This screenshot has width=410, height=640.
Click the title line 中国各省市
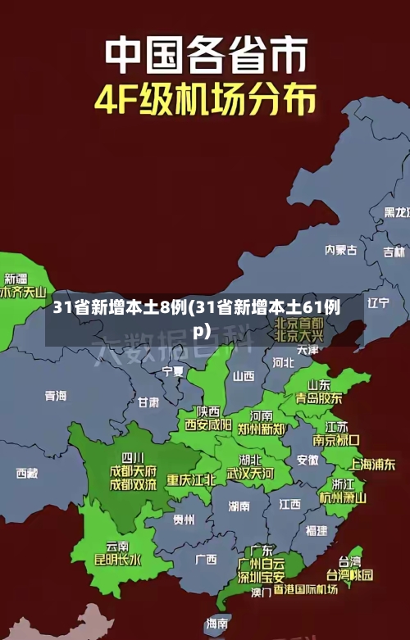coord(204,55)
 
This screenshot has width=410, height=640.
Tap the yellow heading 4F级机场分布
coord(204,101)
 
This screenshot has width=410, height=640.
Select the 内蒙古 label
coord(341,226)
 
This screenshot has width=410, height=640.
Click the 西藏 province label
coord(27,473)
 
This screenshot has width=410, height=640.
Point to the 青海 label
coord(56,396)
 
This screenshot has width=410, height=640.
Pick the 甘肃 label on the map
coord(148,402)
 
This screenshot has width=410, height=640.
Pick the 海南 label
coord(217,624)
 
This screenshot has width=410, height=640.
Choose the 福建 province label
coord(316,530)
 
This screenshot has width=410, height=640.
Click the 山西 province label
coord(244,376)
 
